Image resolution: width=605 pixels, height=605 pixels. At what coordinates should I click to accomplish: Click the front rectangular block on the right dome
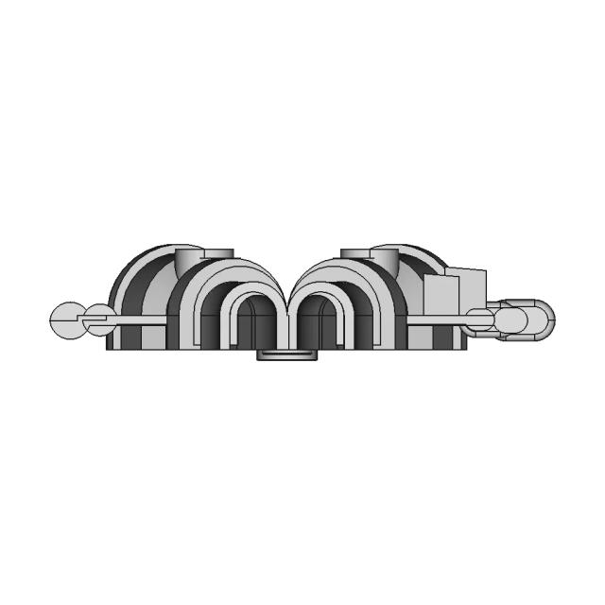pyautogui.click(x=439, y=296)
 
